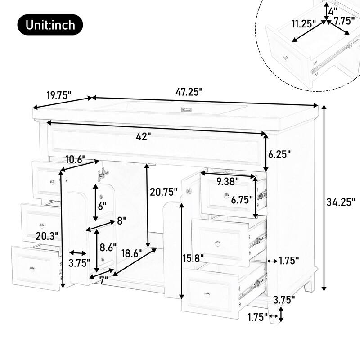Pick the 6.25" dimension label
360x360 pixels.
pos(279,154)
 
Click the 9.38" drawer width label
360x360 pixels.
pos(228,182)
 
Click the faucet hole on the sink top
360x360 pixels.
pos(185,109)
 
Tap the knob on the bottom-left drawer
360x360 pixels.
pos(32,268)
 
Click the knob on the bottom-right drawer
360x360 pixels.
pos(207,294)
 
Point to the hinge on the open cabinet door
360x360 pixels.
pos(104,171)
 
